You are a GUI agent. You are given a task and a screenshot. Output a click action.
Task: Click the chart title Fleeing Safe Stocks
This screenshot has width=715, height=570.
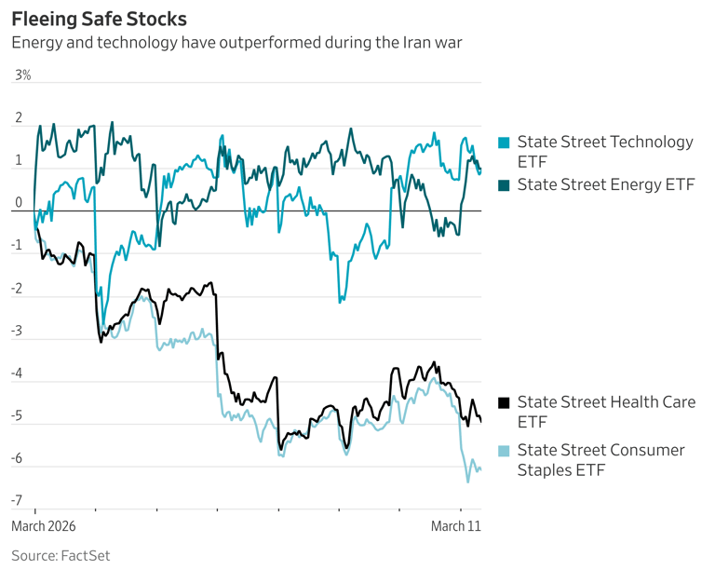point(99,19)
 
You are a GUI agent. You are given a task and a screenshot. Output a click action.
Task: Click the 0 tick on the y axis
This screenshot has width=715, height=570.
point(17,203)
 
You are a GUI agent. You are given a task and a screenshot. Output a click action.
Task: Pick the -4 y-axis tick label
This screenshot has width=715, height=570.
point(16,373)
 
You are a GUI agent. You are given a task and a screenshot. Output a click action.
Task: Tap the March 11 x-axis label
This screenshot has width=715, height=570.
point(455,526)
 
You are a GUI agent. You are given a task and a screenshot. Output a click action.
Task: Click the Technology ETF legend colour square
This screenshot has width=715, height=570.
point(504,142)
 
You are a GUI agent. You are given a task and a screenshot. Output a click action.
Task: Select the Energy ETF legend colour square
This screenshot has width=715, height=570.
point(504,184)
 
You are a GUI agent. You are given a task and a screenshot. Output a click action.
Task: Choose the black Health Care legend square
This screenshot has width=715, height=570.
point(504,402)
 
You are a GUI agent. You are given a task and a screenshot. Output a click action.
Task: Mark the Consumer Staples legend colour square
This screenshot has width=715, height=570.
point(504,451)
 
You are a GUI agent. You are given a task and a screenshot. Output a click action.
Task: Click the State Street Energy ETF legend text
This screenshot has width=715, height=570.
point(606,184)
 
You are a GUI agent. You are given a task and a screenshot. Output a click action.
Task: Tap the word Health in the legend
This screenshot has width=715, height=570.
point(623,402)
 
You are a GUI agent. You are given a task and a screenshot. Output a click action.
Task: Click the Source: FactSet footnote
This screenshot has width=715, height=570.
point(61,555)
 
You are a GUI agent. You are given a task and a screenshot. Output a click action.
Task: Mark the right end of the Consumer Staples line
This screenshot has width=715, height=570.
point(480,469)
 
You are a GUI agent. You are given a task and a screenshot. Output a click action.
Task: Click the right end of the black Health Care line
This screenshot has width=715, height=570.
point(480,421)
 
